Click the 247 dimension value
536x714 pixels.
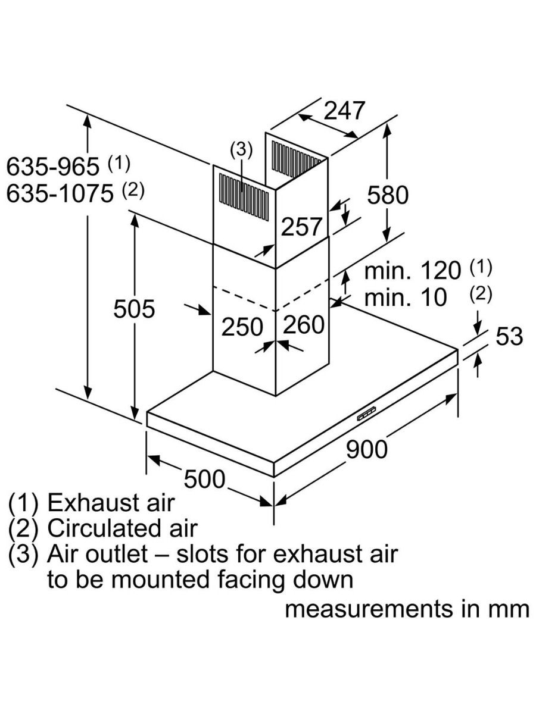pos(344,111)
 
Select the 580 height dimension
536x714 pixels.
pos(388,195)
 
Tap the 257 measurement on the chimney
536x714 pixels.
pos(301,226)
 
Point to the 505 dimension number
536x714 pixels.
pos(135,309)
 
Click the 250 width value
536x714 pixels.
pos(242,327)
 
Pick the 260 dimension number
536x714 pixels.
pos(303,325)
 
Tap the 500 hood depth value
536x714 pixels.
pos(204,479)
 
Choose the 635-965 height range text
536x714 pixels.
pos(54,167)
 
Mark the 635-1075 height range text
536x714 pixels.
pos(60,193)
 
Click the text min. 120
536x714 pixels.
pos(412,271)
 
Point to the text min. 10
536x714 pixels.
pos(405,297)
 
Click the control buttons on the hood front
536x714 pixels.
pos(366,414)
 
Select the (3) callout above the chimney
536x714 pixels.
pos(241,150)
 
